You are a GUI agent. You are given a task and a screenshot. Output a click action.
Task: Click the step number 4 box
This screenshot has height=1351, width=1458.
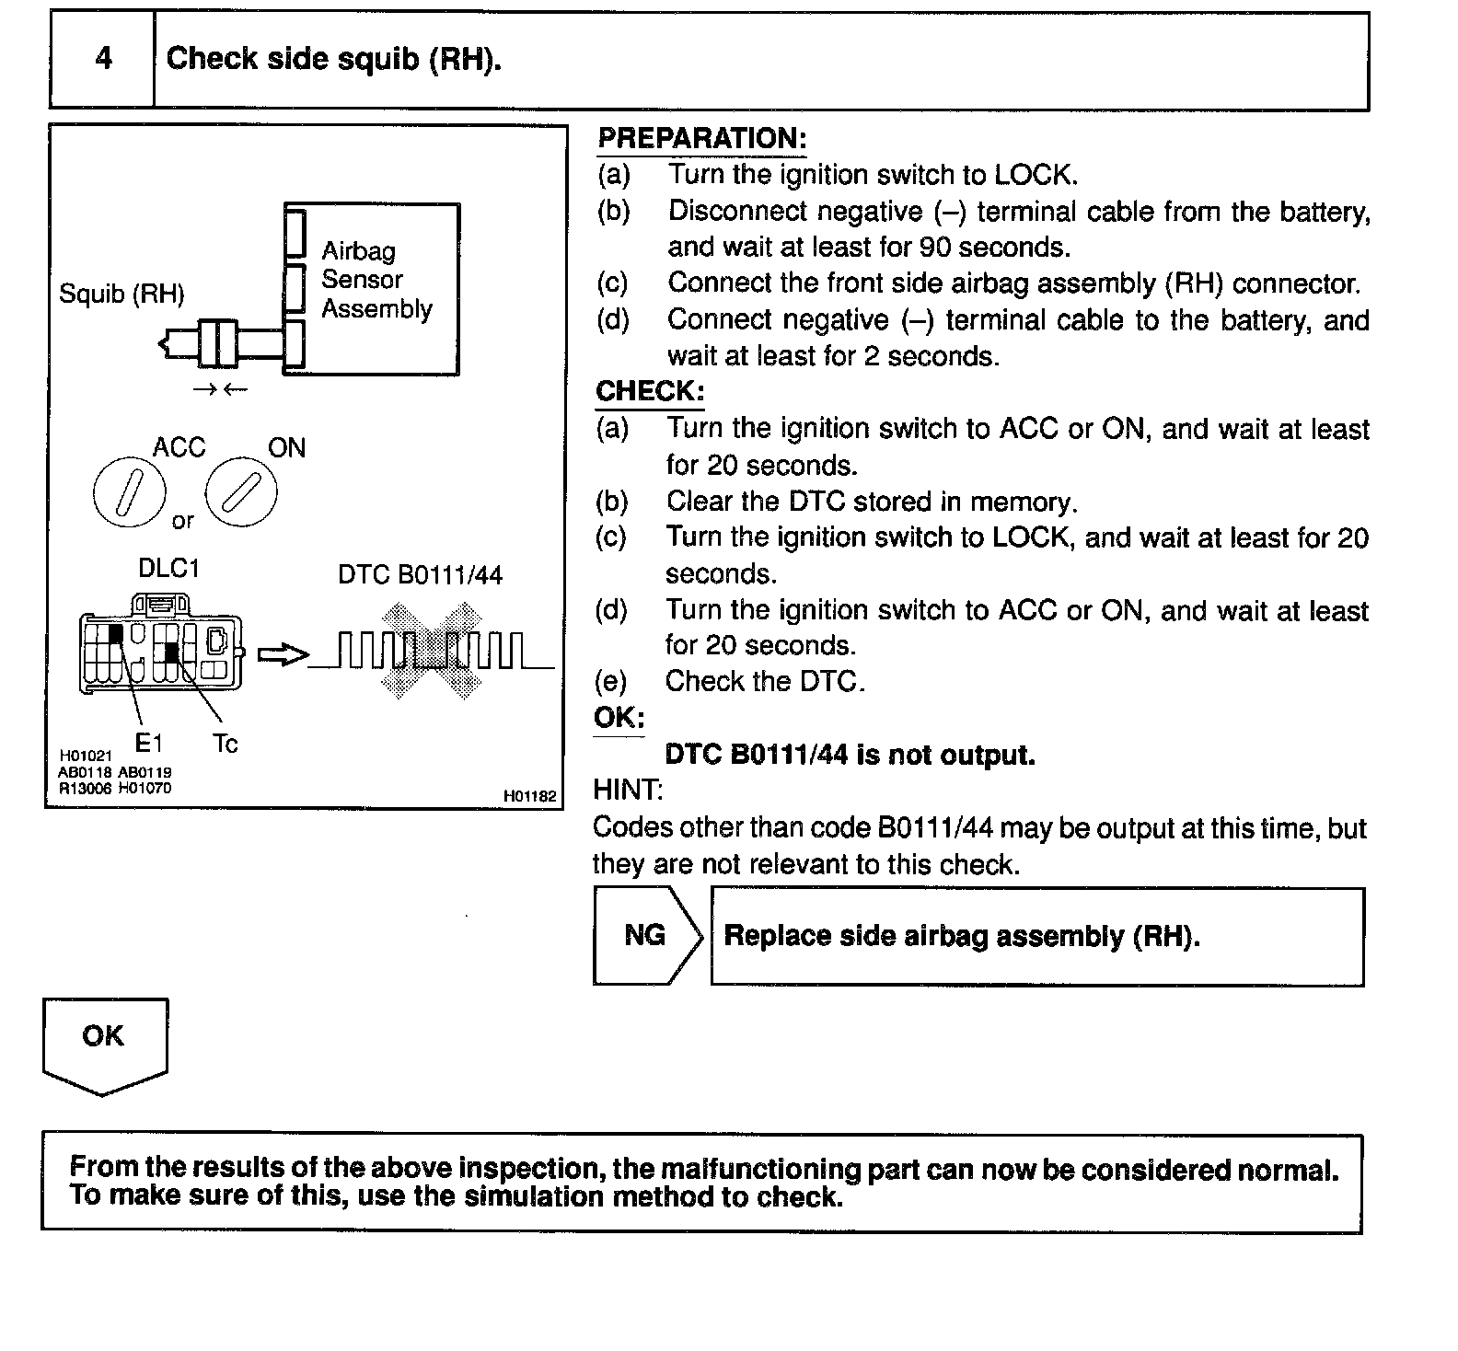click(x=102, y=60)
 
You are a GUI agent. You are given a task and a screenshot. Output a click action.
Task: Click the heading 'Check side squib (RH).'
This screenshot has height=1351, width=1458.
click(x=333, y=60)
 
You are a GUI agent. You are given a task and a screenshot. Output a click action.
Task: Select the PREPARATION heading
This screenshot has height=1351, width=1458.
click(x=701, y=139)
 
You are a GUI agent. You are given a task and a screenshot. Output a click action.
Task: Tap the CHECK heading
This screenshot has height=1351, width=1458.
click(x=650, y=391)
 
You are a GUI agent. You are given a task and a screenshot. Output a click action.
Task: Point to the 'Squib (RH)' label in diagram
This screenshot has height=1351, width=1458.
click(x=121, y=294)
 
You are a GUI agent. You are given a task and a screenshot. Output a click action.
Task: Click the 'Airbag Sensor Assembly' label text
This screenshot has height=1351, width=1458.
click(x=376, y=280)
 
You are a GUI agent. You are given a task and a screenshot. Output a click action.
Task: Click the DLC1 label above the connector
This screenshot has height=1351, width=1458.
click(x=168, y=569)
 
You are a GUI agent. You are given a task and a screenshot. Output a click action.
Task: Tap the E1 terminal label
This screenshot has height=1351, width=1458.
click(x=148, y=742)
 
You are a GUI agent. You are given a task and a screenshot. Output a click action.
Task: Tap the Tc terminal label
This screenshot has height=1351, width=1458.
click(x=225, y=744)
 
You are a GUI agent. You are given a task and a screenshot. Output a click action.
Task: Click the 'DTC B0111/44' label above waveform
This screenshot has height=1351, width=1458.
click(x=420, y=576)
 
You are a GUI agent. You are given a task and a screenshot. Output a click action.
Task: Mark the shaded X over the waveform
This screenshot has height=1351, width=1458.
click(x=433, y=651)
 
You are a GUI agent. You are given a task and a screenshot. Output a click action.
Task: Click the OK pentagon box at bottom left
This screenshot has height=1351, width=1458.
click(x=104, y=1043)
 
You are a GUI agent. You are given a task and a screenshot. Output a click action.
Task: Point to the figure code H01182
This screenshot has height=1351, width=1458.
click(x=529, y=796)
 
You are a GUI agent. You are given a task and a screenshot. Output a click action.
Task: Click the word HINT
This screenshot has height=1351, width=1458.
click(x=628, y=791)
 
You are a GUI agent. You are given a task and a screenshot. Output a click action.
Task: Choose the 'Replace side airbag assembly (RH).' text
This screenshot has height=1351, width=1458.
click(x=962, y=937)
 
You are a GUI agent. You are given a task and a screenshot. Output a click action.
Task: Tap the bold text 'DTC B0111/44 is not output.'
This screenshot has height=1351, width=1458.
click(x=850, y=756)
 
